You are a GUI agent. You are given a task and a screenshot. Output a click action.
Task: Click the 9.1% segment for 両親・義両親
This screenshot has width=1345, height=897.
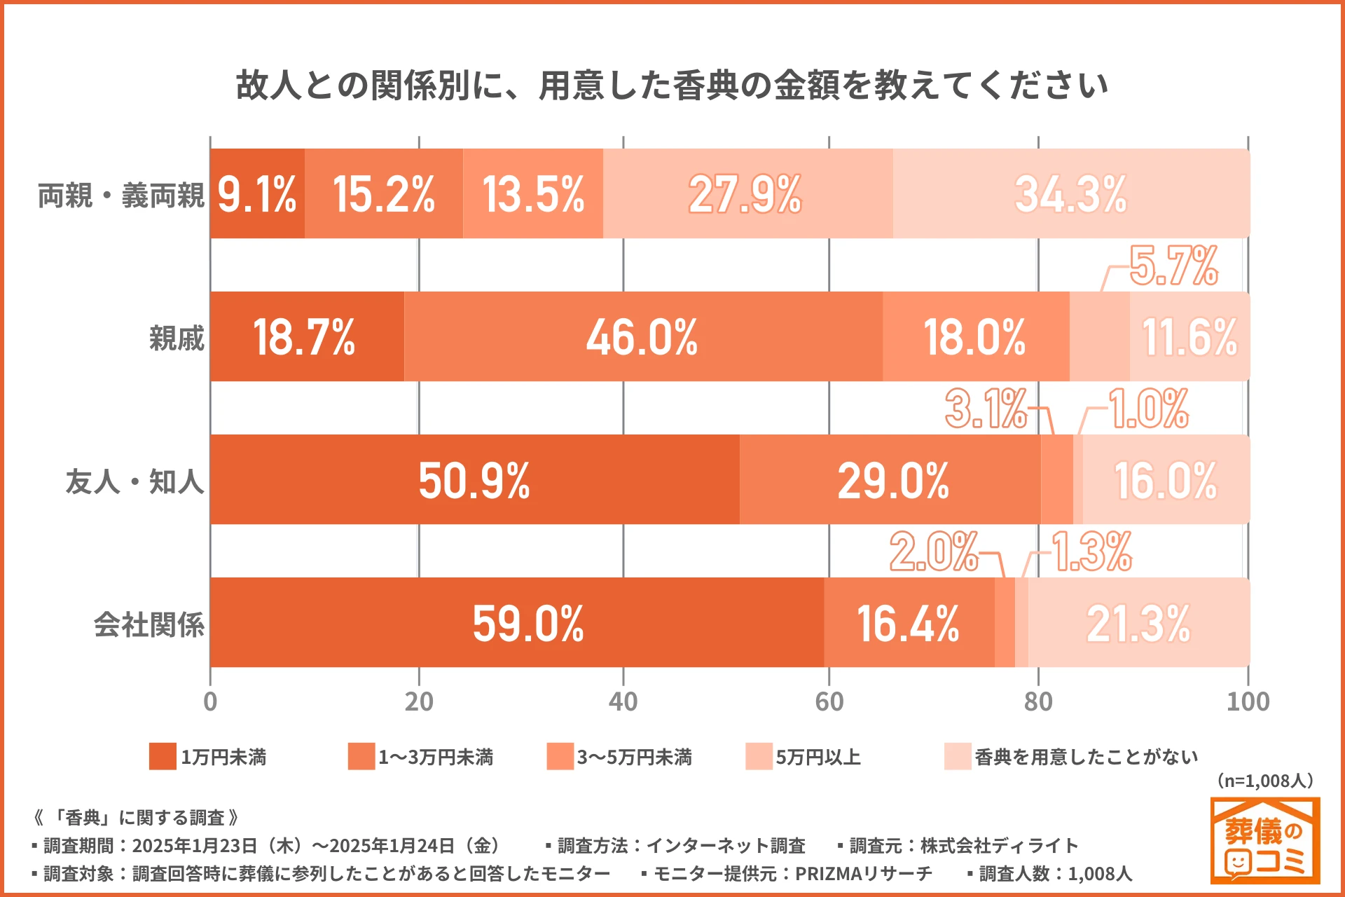pyautogui.click(x=257, y=194)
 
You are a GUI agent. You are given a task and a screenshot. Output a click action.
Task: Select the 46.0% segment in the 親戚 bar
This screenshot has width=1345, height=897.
pyautogui.click(x=642, y=337)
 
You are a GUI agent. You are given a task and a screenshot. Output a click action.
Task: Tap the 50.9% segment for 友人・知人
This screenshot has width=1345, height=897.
pyautogui.click(x=474, y=480)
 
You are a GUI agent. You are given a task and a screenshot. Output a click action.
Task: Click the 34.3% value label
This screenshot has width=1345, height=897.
pyautogui.click(x=1070, y=194)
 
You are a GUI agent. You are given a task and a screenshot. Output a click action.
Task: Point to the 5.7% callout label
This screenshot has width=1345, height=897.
pyautogui.click(x=1174, y=266)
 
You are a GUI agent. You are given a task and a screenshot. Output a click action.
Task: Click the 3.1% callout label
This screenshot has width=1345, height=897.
pyautogui.click(x=986, y=409)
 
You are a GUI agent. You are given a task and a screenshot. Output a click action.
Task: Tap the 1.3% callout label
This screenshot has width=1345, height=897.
pyautogui.click(x=1091, y=552)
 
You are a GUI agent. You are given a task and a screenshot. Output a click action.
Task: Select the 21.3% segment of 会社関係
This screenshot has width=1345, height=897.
pyautogui.click(x=1138, y=623)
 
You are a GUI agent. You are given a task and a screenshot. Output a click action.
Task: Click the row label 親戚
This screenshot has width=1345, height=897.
pyautogui.click(x=177, y=338)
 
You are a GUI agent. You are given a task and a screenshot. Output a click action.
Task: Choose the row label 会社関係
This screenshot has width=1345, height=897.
pyautogui.click(x=149, y=624)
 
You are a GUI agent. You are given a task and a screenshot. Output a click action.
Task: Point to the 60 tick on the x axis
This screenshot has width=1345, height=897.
pyautogui.click(x=829, y=701)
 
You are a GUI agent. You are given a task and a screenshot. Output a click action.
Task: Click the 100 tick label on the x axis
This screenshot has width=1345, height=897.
pyautogui.click(x=1248, y=701)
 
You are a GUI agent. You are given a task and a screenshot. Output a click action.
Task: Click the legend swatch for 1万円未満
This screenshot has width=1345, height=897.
pyautogui.click(x=163, y=757)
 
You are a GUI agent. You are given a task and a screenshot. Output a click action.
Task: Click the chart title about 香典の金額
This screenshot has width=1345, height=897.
pyautogui.click(x=672, y=85)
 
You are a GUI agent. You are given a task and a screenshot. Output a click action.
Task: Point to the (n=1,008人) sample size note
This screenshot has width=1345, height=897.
pyautogui.click(x=1264, y=781)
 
